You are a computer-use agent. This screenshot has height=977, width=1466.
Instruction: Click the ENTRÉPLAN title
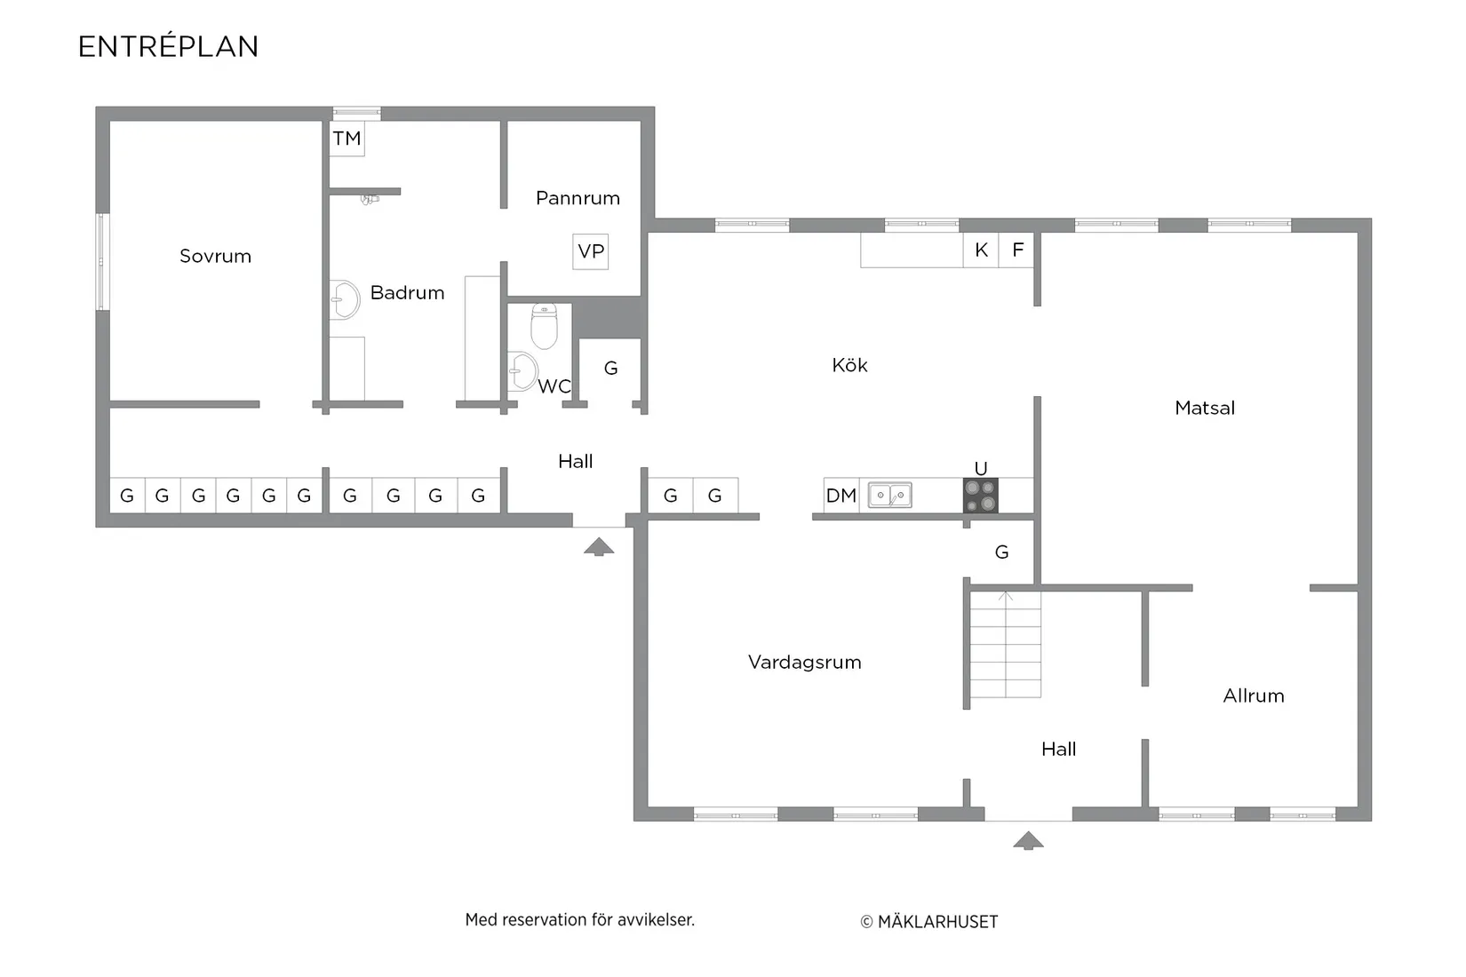point(168,46)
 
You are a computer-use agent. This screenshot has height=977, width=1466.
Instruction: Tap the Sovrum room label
point(215,256)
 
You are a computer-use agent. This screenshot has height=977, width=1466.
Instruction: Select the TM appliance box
point(347,138)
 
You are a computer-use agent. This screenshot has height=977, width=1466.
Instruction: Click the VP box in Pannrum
point(590,251)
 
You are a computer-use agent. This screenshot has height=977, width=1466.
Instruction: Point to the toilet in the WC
point(544,325)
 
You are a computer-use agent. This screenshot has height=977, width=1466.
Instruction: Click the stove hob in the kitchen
point(980,496)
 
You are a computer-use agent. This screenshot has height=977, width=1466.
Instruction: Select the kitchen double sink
point(890,496)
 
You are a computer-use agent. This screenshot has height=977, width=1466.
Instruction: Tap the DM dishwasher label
point(841,496)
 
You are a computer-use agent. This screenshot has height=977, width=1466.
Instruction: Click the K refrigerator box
point(981,250)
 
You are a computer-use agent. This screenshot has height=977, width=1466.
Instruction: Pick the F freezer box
point(1017,250)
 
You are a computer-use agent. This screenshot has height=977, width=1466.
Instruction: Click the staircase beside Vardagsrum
point(1005,645)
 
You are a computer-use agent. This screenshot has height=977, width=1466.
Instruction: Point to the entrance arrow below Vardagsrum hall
point(1028,840)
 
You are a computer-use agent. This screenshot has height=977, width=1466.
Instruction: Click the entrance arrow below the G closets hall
point(599,546)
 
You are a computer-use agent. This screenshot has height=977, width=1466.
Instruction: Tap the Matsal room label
point(1205,408)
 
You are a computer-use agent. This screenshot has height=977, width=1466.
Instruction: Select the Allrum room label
point(1254,695)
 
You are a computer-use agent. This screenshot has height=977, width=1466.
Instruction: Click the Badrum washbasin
point(344,299)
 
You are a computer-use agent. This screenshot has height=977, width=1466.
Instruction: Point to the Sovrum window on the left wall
point(102,262)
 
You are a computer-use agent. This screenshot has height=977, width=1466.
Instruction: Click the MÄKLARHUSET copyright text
point(928,921)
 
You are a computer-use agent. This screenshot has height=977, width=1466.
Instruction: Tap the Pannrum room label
point(578,198)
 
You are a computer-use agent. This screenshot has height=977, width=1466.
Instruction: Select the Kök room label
point(849,365)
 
